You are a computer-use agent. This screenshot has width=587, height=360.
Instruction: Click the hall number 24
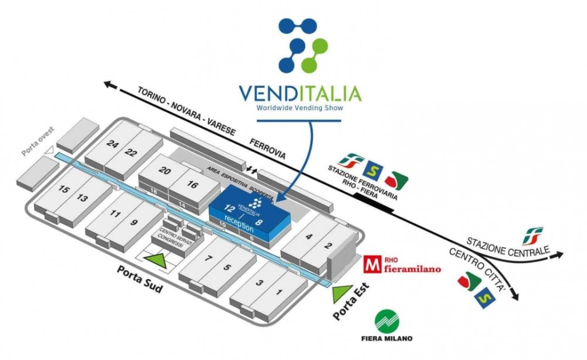point(113,144)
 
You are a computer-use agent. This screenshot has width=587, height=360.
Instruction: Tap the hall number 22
point(131,152)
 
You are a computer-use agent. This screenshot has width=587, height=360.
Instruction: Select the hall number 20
point(165,171)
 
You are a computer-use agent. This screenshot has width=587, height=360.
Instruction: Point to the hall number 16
point(193,184)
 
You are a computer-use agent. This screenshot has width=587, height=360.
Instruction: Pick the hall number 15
point(63,189)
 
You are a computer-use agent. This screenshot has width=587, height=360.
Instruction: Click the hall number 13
point(82,198)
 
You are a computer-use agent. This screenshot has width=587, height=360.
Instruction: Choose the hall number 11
point(115,214)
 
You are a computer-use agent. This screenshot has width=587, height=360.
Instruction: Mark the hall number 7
point(208,258)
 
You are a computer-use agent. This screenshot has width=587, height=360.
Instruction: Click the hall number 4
point(309,237)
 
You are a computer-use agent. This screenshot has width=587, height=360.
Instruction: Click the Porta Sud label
point(140,279)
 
